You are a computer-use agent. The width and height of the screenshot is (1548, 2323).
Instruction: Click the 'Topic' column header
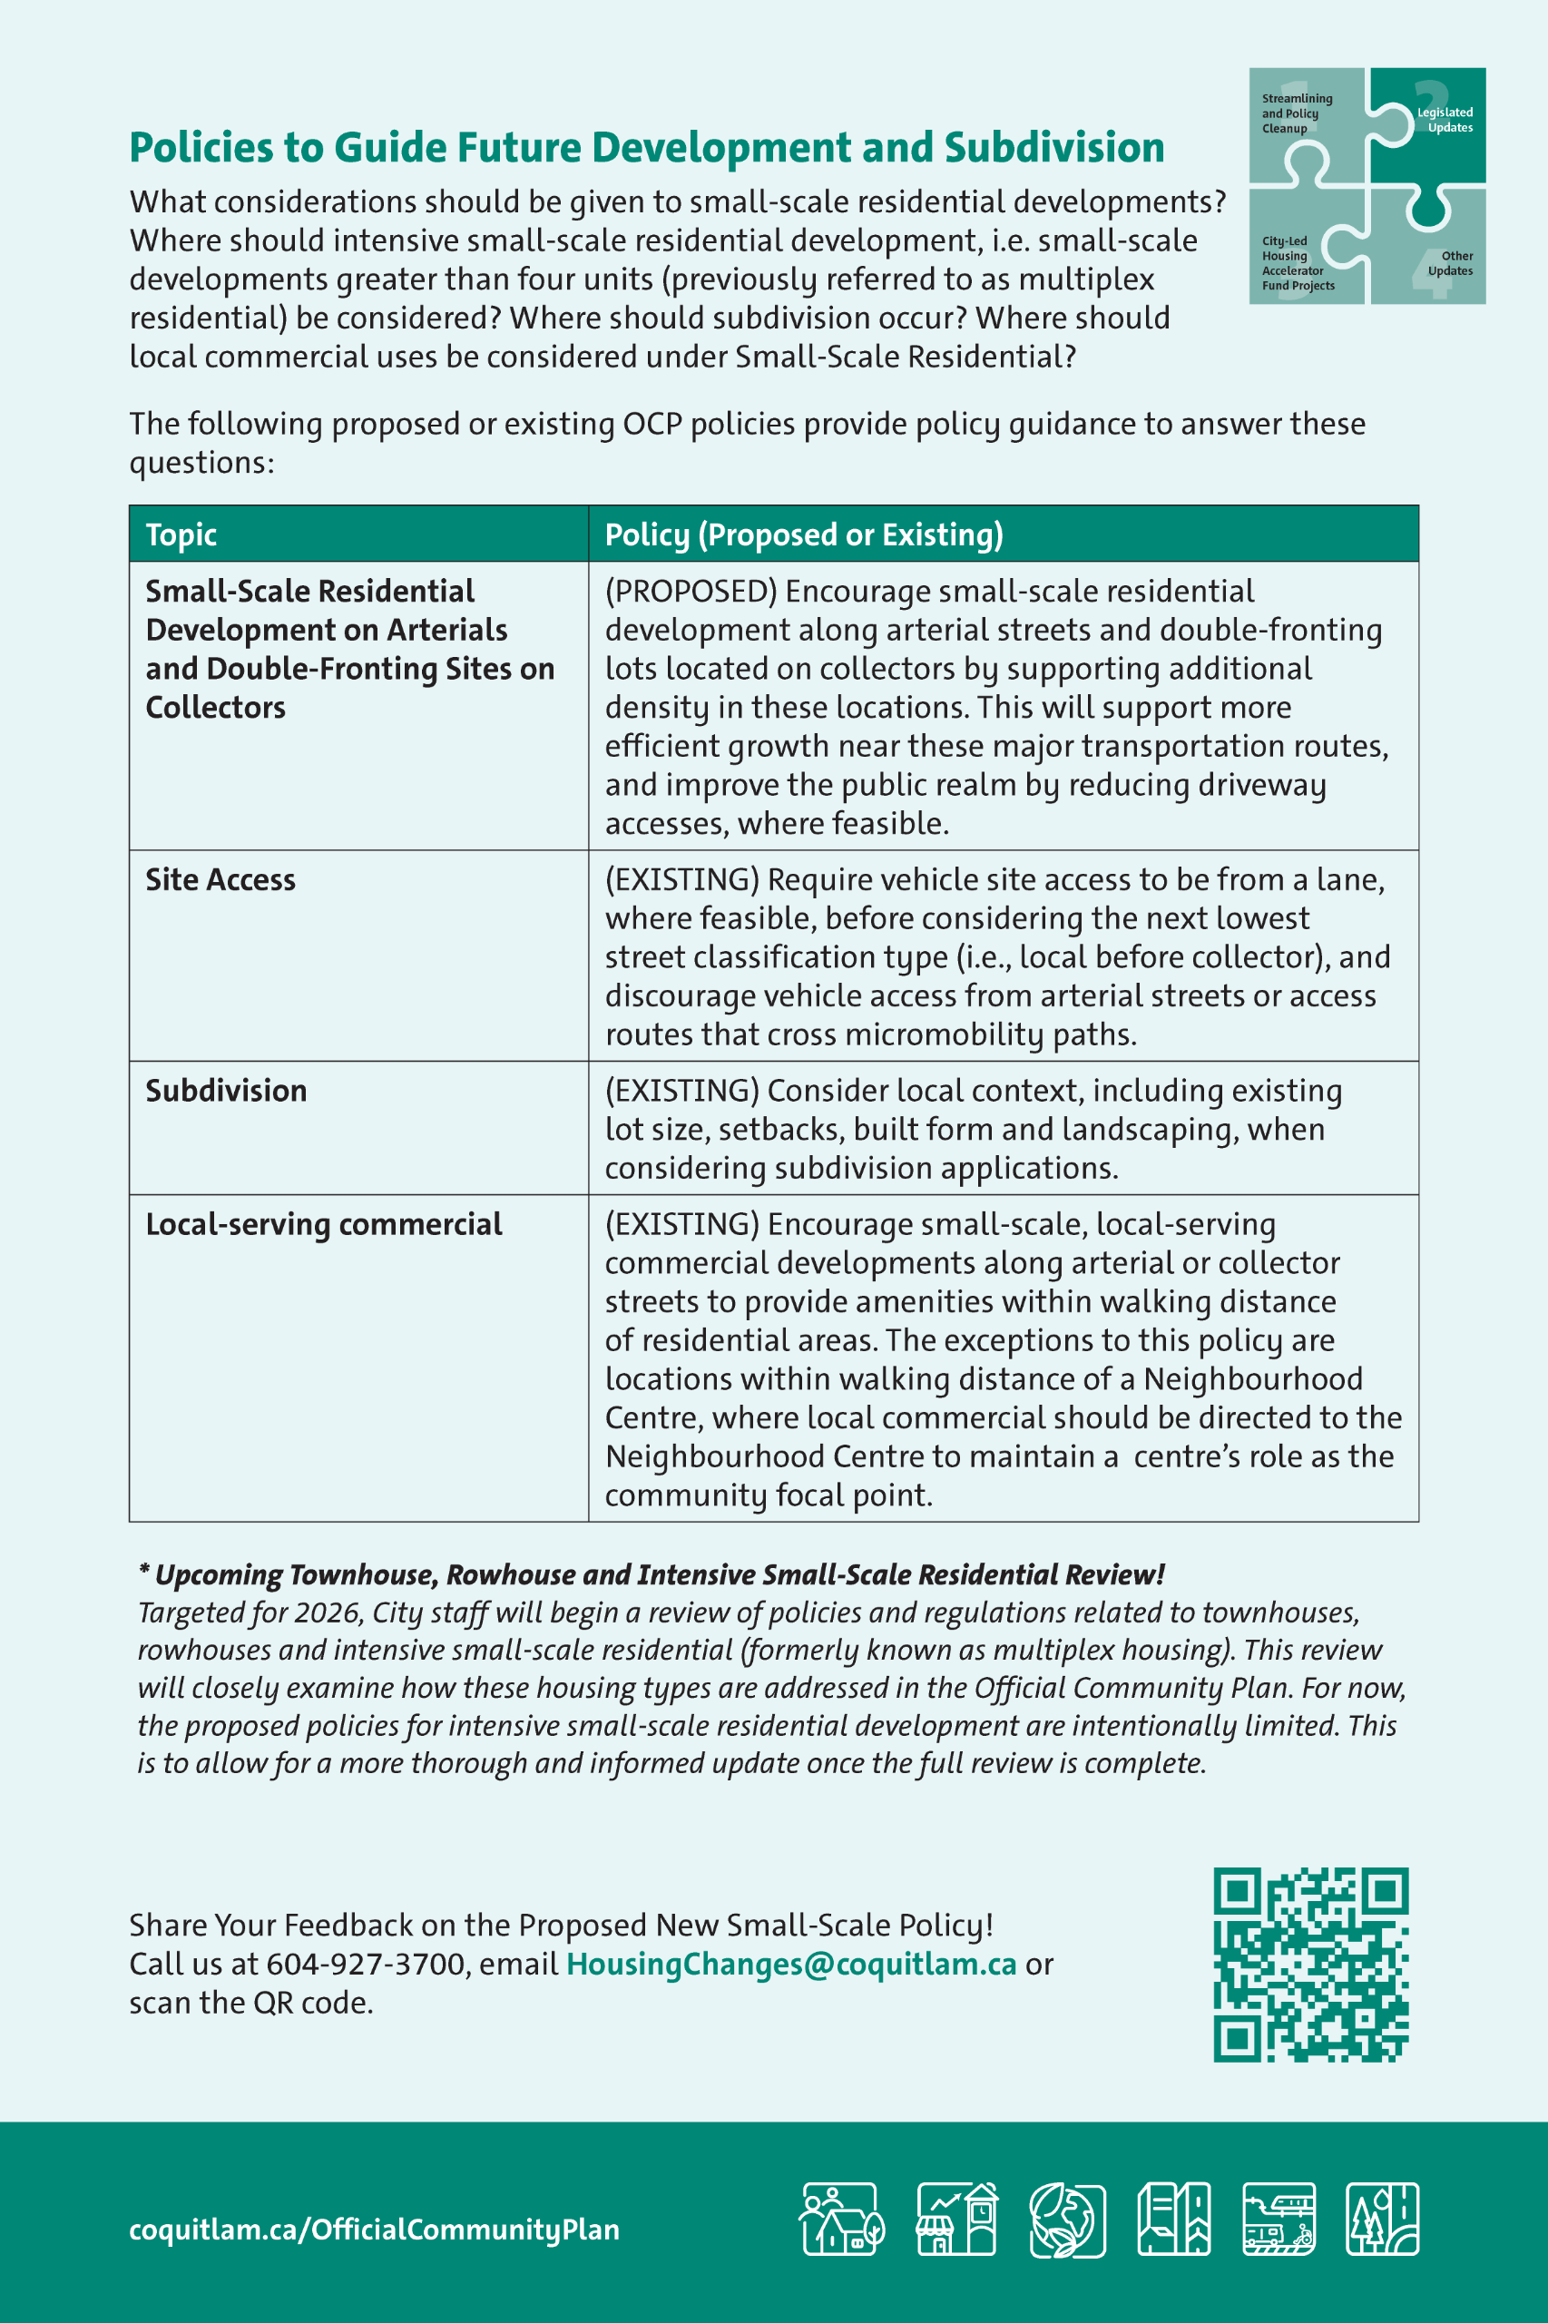click(181, 534)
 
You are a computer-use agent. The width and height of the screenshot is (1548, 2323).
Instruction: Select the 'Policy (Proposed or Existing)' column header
click(804, 534)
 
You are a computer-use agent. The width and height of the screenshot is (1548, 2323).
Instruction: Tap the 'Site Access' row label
click(220, 879)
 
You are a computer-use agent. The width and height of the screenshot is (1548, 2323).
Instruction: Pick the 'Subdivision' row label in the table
click(226, 1090)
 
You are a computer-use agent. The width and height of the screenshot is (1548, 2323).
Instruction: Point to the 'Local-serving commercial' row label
click(324, 1224)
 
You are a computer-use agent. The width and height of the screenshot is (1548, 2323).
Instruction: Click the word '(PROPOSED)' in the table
click(691, 592)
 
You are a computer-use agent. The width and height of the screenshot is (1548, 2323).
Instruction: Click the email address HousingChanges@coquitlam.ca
click(790, 1964)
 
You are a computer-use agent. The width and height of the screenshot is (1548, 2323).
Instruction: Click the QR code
click(1310, 1964)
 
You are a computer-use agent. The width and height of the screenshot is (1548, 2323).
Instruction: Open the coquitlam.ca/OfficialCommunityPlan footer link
click(374, 2230)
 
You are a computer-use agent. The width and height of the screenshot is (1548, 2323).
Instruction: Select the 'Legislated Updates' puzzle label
click(1445, 120)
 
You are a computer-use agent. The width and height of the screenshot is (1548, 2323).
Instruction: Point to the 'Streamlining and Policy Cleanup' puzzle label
click(1297, 113)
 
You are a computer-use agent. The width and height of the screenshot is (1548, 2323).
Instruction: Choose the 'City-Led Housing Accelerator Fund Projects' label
click(1298, 263)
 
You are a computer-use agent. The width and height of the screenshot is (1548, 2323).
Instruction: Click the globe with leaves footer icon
click(1066, 2220)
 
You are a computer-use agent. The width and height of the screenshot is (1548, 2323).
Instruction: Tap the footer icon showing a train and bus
click(1279, 2220)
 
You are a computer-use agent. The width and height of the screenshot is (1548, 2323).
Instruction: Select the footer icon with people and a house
click(841, 2220)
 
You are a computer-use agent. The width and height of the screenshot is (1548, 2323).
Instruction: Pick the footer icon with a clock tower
click(956, 2220)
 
